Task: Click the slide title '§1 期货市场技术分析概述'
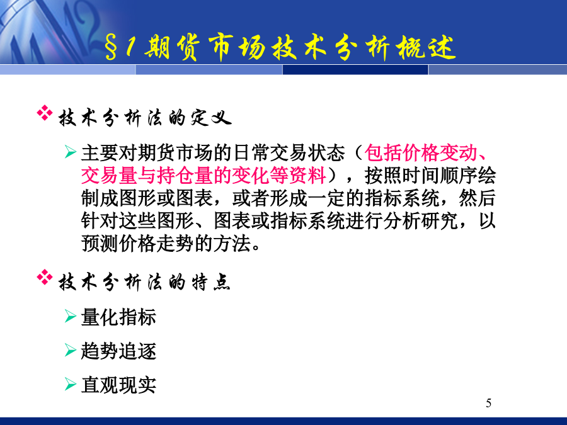click(280, 47)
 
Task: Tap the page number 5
click(488, 403)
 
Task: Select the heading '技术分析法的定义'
click(145, 118)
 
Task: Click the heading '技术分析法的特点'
click(144, 282)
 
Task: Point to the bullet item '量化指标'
click(118, 317)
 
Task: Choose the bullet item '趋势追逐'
click(118, 351)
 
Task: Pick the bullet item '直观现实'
click(118, 385)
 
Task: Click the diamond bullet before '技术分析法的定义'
click(45, 113)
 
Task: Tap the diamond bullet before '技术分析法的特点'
click(45, 277)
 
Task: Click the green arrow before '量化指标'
click(70, 316)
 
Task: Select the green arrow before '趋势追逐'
click(70, 350)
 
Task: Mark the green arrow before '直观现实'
click(70, 384)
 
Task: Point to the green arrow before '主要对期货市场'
click(70, 152)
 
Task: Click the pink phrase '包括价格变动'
click(421, 153)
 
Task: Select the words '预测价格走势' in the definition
click(137, 243)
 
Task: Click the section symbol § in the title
click(112, 48)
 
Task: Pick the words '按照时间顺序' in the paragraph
click(421, 176)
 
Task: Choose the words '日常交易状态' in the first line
click(289, 153)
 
